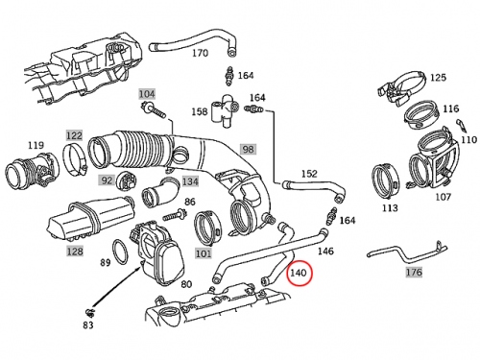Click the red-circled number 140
tap(299, 273)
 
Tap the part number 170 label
tap(200, 53)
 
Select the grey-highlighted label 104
tap(147, 94)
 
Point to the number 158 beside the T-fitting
tap(200, 111)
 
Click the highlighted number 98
tap(248, 149)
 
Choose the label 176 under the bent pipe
tap(414, 273)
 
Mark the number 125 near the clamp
tap(438, 78)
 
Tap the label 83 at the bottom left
tap(88, 325)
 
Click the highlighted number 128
tap(75, 252)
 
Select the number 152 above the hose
tap(309, 174)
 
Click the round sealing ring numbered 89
tap(120, 252)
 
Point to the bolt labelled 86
tap(175, 215)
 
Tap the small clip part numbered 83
tap(88, 311)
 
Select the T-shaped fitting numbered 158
tap(225, 111)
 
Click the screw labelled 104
tap(153, 108)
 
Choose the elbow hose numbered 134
tap(161, 193)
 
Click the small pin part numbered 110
tap(461, 125)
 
